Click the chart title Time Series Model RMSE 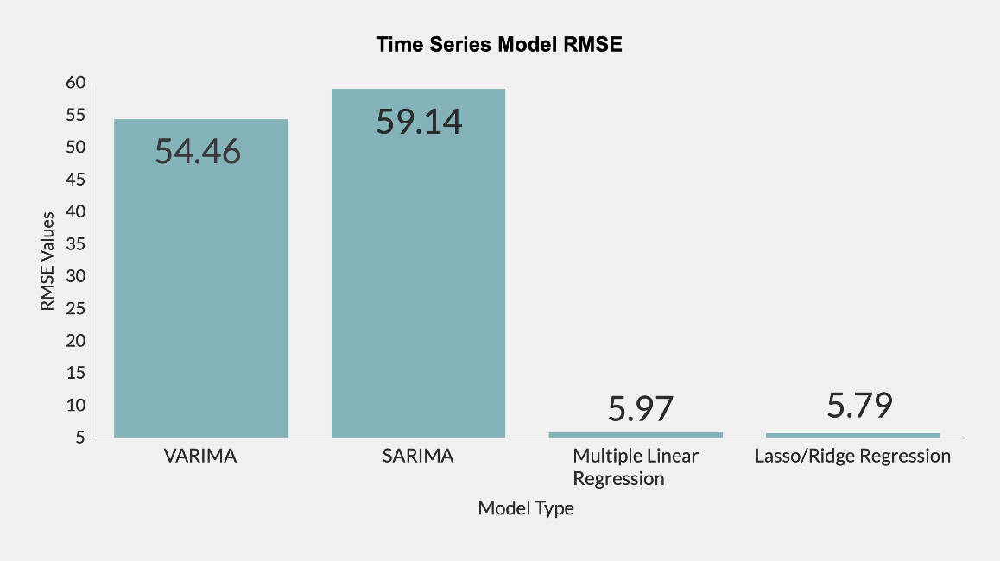point(499,46)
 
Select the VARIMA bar point(201,285)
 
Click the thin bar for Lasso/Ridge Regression point(852,435)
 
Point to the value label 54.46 point(198,151)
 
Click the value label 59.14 point(419,121)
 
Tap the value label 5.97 point(640,408)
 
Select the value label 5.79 point(859,406)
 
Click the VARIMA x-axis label point(199,457)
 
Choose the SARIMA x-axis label point(417,457)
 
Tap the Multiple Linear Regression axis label point(636,467)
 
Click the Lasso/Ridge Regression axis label point(852,457)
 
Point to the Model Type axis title point(525,508)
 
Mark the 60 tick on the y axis point(75,83)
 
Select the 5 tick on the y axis point(79,438)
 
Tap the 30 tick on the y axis point(75,276)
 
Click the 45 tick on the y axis point(75,180)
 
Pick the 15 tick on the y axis point(75,373)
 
